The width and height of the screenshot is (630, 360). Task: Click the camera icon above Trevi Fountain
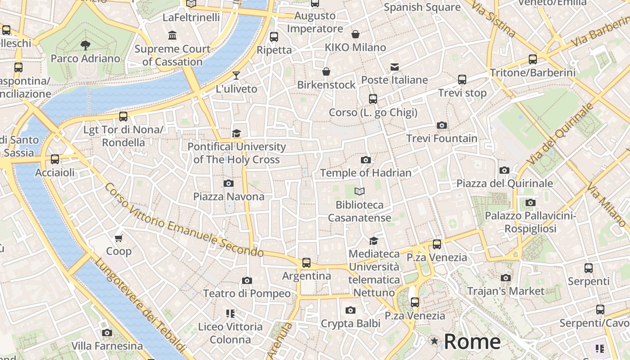click(442, 126)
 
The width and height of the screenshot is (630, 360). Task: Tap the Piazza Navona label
click(229, 197)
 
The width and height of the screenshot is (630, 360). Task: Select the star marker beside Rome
click(434, 341)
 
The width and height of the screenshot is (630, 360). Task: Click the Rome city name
click(472, 342)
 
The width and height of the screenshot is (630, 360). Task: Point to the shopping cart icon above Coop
click(119, 238)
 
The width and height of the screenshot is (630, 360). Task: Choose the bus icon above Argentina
click(306, 262)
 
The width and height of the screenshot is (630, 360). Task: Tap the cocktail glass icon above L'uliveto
click(236, 75)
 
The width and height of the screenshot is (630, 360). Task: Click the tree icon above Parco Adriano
click(85, 45)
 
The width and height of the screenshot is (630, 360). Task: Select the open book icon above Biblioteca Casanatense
click(359, 192)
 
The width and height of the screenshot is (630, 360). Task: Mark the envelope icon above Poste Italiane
click(395, 67)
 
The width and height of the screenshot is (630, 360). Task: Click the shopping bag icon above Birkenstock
click(326, 72)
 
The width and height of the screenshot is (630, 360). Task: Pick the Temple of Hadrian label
click(366, 173)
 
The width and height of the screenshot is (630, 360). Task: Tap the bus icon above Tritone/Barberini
click(533, 59)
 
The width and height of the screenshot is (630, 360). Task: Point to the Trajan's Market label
click(506, 291)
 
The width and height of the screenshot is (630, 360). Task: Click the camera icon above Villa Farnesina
click(107, 333)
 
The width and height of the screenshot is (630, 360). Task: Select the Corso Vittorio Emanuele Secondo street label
click(184, 220)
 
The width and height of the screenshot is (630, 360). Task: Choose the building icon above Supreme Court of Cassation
click(172, 36)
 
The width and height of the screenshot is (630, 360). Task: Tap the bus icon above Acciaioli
click(55, 159)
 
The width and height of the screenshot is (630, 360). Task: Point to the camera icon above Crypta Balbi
click(351, 310)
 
